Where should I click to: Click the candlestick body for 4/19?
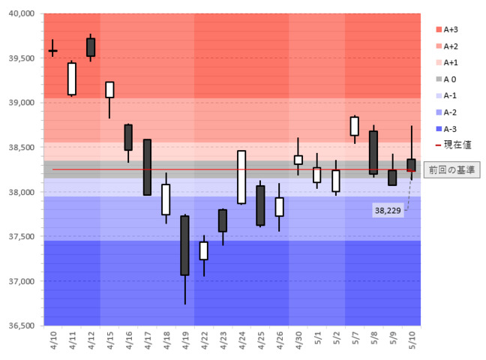(184, 245)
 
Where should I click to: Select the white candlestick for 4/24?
(241, 177)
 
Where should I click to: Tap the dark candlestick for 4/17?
(147, 167)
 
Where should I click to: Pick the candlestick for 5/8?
(373, 152)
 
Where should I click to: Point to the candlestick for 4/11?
(72, 79)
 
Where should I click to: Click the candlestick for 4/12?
(91, 46)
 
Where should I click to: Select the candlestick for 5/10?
(411, 165)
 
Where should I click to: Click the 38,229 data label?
(388, 211)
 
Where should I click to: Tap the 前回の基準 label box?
(450, 169)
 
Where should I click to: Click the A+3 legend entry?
(451, 30)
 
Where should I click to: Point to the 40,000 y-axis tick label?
(20, 13)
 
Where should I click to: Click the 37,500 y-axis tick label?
(20, 236)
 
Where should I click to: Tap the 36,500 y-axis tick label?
(20, 325)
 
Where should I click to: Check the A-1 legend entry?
(451, 96)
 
